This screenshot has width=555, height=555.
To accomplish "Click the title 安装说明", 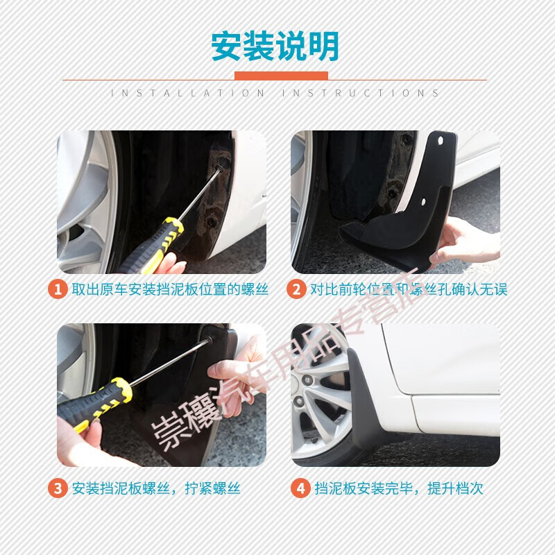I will tap(275, 46).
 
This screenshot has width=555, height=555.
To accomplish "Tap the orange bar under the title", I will tap(281, 76).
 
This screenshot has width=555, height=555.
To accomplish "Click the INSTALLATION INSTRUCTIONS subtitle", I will tap(275, 93).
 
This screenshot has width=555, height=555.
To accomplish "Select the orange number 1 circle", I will tap(58, 289).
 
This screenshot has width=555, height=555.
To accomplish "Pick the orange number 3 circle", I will tap(58, 488).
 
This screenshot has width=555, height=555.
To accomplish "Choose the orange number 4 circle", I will tap(300, 488).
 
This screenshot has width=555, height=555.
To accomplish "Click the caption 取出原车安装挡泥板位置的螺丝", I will tap(170, 289).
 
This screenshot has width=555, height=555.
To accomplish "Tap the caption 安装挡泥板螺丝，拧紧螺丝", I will tap(156, 488).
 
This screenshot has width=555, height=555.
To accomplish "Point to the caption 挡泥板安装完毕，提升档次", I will tap(398, 488).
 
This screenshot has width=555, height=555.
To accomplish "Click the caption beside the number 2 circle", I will tap(409, 289).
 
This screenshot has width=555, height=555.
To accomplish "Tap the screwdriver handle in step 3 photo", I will tap(94, 402).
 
